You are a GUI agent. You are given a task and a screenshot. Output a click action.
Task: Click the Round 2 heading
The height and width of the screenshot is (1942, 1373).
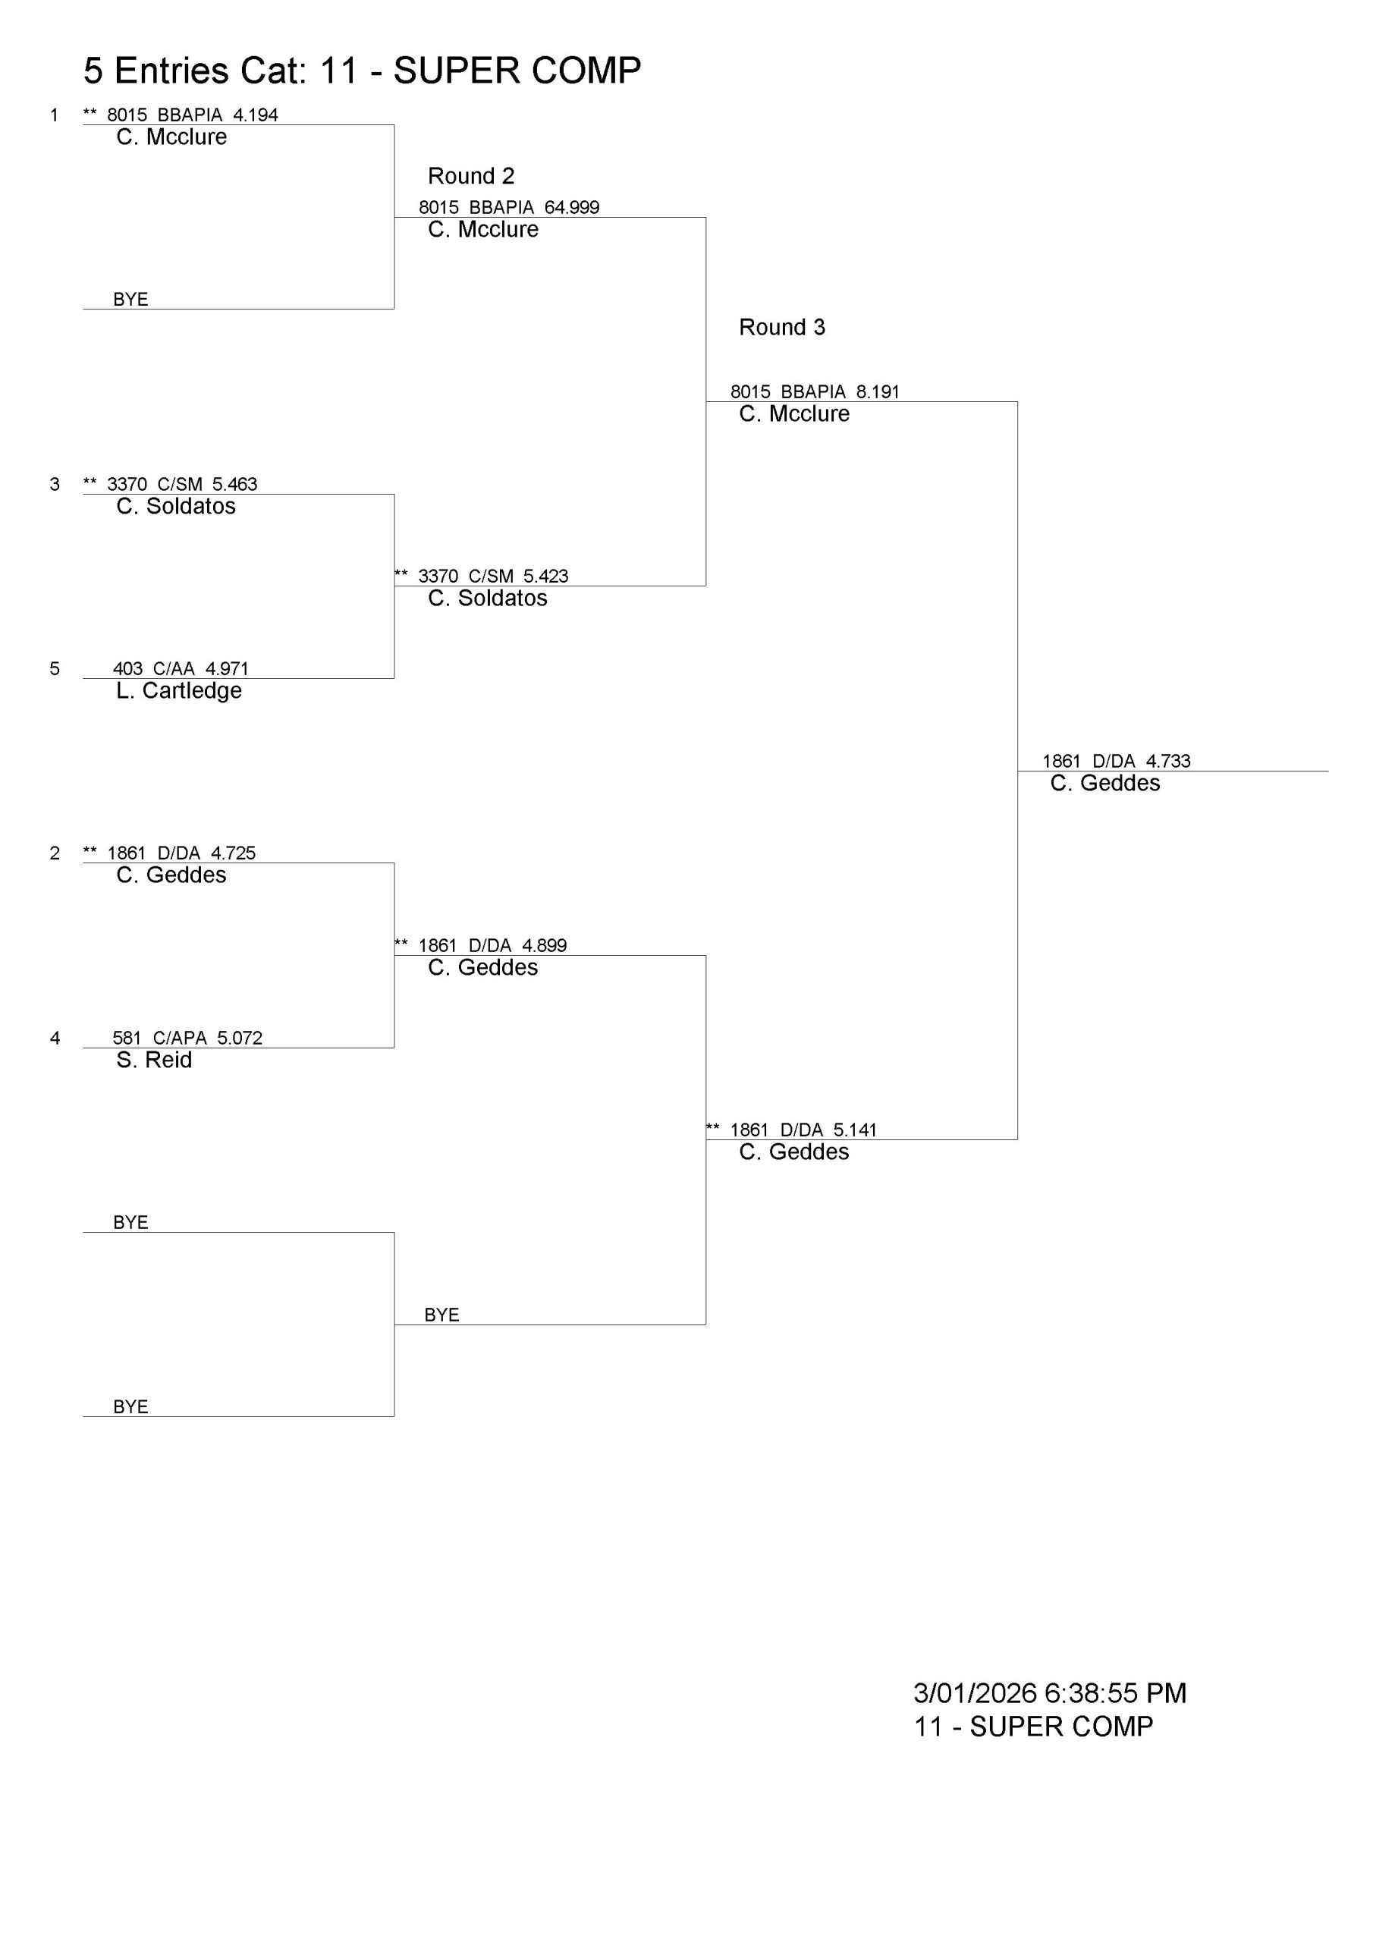470,176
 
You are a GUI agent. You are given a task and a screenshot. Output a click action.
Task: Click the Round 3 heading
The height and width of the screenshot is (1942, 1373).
781,327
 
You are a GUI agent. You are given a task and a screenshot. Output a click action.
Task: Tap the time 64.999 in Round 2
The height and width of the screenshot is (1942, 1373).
572,207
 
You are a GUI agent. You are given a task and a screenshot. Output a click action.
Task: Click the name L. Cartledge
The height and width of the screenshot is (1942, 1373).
178,691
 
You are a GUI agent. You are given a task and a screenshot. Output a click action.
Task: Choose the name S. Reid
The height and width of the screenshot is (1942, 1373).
154,1060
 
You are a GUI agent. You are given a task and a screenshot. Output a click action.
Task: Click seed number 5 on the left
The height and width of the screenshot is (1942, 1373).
55,669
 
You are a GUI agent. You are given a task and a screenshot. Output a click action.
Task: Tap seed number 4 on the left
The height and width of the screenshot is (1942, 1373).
55,1038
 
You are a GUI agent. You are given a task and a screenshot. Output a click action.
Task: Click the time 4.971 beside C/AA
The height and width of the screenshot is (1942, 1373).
227,669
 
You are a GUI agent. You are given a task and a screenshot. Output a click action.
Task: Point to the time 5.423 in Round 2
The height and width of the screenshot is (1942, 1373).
545,577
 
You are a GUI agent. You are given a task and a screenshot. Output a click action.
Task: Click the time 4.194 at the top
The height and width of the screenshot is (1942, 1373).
256,115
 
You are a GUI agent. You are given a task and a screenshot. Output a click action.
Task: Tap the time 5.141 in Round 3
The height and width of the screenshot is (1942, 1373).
854,1130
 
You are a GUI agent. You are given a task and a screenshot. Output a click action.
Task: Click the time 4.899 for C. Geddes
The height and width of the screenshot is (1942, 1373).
544,946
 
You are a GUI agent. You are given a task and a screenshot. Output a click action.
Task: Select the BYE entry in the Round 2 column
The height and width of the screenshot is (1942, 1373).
441,1315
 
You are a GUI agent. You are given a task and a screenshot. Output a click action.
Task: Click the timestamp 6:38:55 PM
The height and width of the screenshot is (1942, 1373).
1115,1693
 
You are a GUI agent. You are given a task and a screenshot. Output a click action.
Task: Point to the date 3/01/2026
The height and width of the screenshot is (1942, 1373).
975,1693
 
